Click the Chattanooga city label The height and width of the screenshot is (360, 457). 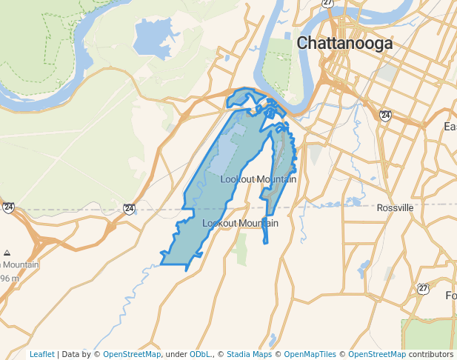tap(344, 44)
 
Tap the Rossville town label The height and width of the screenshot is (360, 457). tap(395, 208)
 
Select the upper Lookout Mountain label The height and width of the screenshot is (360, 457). tap(258, 179)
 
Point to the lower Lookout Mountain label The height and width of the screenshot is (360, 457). tap(240, 223)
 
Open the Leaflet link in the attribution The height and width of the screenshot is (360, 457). tap(41, 354)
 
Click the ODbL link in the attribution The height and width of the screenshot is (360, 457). tap(199, 354)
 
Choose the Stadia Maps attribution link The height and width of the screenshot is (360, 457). tap(249, 354)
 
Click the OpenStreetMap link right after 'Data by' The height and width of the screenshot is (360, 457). tap(131, 354)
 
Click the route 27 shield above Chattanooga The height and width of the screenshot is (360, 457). tap(328, 3)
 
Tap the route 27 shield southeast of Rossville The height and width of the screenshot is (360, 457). tap(423, 289)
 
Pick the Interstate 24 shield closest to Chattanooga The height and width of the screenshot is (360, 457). tap(385, 116)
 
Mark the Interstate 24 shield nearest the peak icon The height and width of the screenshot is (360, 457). tap(8, 207)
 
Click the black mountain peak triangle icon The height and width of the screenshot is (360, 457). tap(7, 253)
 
